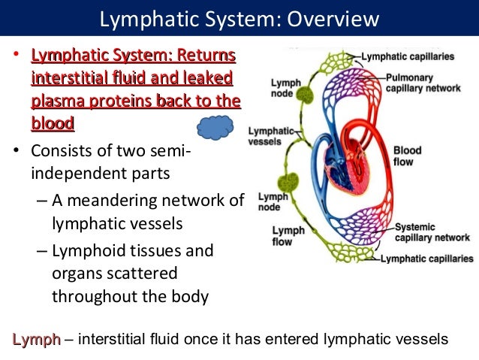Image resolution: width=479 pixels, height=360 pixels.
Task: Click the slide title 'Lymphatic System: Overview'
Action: click(239, 17)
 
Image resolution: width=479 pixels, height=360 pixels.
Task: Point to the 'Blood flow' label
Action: click(407, 156)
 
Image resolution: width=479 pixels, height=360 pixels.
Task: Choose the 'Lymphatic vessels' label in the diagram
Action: click(266, 135)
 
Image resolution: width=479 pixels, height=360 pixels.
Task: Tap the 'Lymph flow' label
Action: click(288, 237)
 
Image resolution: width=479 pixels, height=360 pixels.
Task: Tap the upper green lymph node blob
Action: click(305, 95)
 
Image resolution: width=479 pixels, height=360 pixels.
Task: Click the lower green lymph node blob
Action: click(287, 183)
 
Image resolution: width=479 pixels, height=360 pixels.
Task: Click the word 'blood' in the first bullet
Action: click(52, 123)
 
